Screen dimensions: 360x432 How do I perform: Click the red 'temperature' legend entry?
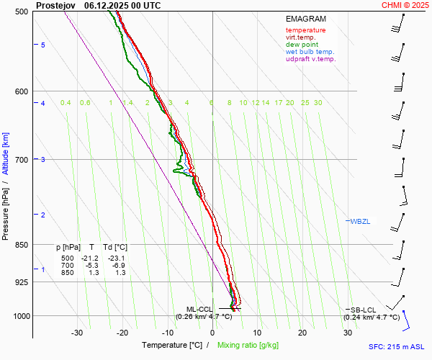pos(305,30)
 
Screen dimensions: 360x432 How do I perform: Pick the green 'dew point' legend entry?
pos(302,45)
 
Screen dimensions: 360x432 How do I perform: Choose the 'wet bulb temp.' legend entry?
pos(310,52)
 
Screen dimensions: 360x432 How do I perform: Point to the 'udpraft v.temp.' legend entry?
pos(310,59)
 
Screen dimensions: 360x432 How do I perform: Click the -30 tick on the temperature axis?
pos(77,333)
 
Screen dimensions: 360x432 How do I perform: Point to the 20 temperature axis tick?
pos(302,333)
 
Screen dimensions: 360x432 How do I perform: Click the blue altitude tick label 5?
pos(43,45)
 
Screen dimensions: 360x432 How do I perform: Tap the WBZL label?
pos(360,221)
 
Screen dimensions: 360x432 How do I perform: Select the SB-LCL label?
pos(363,309)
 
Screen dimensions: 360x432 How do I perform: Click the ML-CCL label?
pos(199,309)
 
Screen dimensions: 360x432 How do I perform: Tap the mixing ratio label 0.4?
pos(66,103)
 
